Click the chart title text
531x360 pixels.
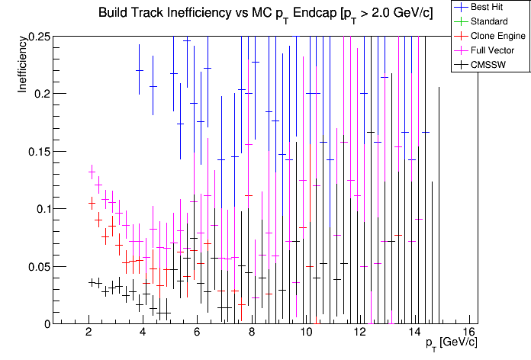[265, 14]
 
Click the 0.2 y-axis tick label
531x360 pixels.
[41, 94]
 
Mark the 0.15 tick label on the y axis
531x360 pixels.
[38, 151]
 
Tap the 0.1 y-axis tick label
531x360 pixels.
[41, 209]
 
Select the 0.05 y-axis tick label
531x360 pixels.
[38, 266]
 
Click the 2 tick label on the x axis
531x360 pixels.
[89, 333]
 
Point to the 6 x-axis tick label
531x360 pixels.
[198, 333]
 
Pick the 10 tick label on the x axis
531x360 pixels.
[306, 333]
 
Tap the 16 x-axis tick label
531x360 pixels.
[468, 333]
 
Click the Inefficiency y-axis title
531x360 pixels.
[24, 66]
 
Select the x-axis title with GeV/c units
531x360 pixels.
[451, 344]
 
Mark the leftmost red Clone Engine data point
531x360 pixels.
[92, 203]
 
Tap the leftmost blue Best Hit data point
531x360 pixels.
[140, 70]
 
